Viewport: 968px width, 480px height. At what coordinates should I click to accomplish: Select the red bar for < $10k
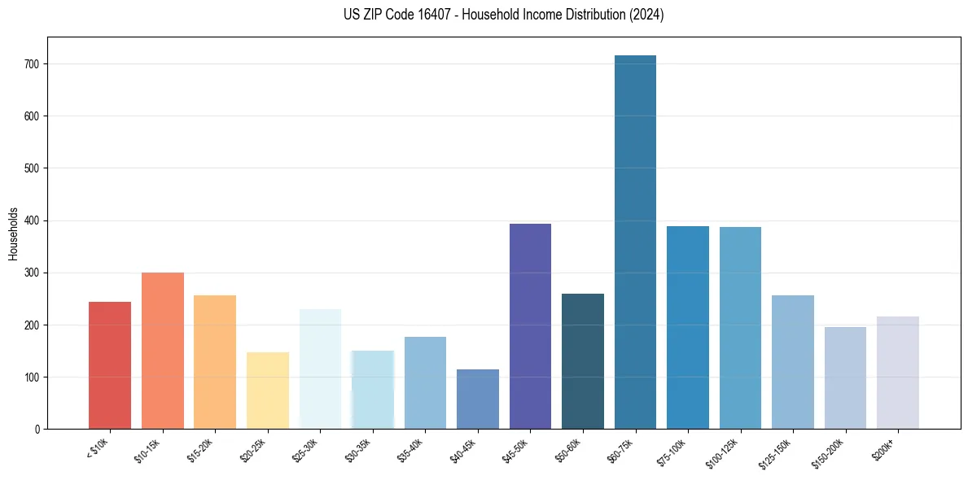point(110,365)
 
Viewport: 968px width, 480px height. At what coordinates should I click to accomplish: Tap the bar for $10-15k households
point(162,351)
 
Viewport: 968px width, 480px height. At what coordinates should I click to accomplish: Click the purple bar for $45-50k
point(530,326)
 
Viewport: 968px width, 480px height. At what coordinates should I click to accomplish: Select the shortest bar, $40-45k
point(478,399)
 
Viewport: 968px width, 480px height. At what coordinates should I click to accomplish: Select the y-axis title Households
point(13,233)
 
